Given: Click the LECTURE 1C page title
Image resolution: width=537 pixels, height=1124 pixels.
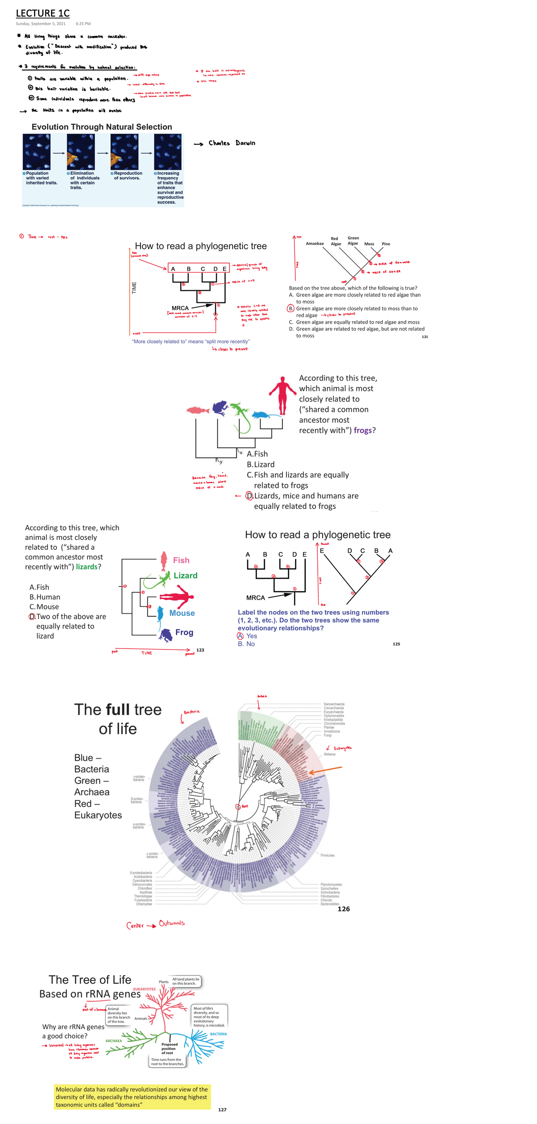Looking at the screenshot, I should click(43, 13).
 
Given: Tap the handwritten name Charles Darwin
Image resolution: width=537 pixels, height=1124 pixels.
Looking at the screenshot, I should click(231, 143).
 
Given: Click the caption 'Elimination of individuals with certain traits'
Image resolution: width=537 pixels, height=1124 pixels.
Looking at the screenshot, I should click(84, 180).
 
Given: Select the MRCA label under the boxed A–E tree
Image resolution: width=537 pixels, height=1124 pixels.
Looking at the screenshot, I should click(180, 308).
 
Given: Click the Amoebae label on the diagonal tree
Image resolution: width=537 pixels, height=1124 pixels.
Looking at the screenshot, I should click(315, 244).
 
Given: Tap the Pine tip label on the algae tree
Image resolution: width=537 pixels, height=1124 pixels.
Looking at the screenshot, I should click(386, 244).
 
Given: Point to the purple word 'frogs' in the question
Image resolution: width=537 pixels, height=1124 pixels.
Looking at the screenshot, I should click(362, 430).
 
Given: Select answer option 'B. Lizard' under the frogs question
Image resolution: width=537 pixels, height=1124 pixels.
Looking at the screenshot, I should click(261, 464).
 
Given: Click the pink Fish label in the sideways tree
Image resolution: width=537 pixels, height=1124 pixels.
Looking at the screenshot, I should click(181, 560).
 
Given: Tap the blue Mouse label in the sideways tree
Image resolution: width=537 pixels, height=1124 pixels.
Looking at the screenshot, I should click(182, 613).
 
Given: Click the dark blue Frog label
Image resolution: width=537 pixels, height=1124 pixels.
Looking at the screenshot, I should click(184, 632).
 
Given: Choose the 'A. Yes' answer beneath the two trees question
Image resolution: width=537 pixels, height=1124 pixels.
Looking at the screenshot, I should click(247, 636).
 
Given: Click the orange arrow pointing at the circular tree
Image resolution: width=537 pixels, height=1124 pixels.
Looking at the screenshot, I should click(325, 770).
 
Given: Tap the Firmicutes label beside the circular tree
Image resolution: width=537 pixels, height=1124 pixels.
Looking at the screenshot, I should click(327, 855).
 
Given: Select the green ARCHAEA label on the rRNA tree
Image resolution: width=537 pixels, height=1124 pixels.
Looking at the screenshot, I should click(114, 1041).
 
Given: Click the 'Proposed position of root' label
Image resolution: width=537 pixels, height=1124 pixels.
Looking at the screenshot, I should click(169, 1049).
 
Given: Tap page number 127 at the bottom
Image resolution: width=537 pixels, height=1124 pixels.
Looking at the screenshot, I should click(222, 1110).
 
